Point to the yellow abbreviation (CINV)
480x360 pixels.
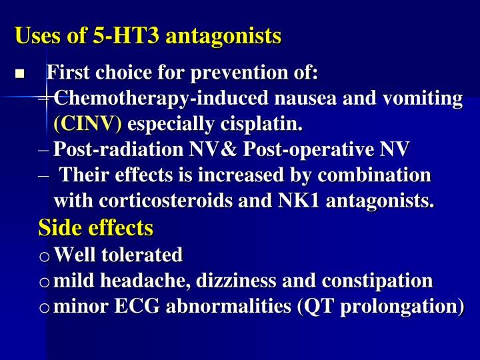coord(88,124)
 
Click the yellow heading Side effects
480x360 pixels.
coord(96,228)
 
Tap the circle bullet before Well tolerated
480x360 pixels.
coord(45,256)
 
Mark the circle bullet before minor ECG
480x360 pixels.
coord(45,308)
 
